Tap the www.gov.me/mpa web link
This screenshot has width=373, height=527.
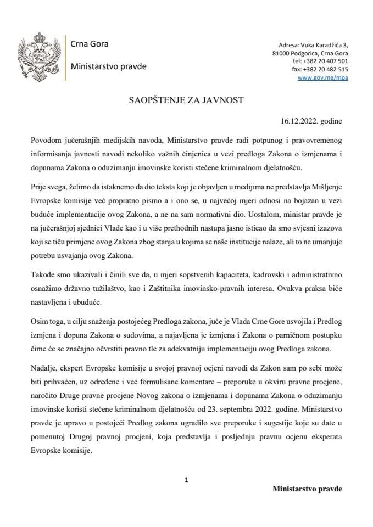[322, 79]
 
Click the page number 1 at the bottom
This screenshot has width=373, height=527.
[187, 479]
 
